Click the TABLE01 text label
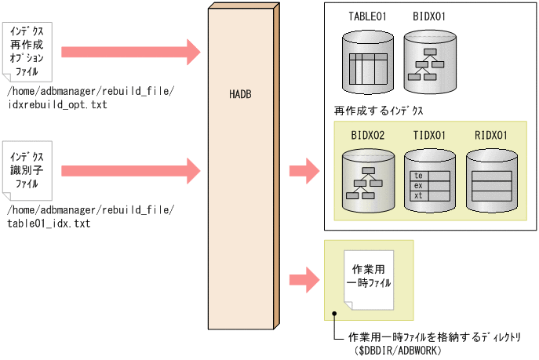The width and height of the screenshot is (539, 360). (367, 16)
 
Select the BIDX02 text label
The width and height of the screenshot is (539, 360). (367, 135)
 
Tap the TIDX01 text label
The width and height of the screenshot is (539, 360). (429, 135)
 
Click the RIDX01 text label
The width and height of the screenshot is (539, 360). (491, 135)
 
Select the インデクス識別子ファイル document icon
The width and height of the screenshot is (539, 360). (27, 169)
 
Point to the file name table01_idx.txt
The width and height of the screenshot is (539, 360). (49, 224)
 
